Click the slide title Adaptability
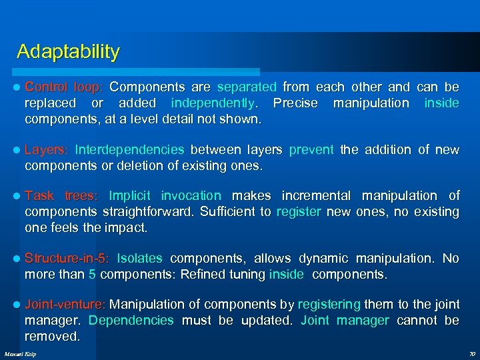[x=68, y=52]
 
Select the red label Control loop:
[x=64, y=87]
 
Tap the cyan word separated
[x=246, y=87]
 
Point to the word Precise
[x=296, y=103]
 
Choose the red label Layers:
[x=46, y=149]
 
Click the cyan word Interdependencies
[x=129, y=149]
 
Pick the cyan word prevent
[x=311, y=149]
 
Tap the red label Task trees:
[x=61, y=195]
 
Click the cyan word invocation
[x=191, y=195]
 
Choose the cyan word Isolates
[x=139, y=258]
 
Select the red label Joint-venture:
[x=65, y=304]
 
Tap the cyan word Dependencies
[x=131, y=320]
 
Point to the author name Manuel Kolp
[x=21, y=353]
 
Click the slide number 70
[x=471, y=353]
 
